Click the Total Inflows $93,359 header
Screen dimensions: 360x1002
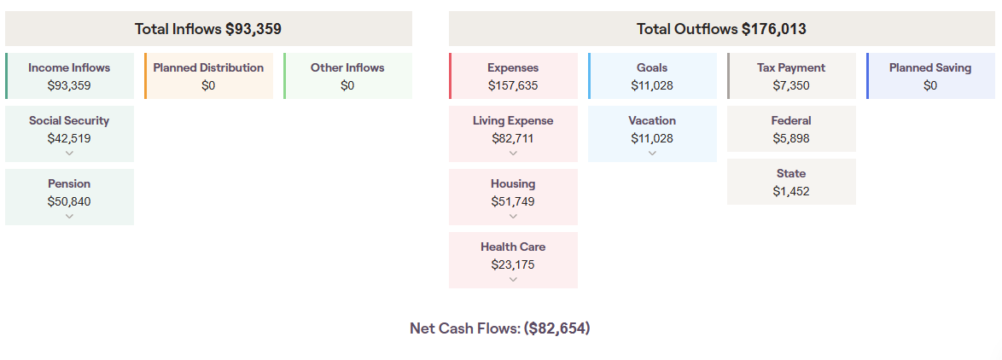tap(208, 29)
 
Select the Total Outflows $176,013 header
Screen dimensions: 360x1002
tap(721, 29)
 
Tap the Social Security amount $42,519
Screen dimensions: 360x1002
tap(69, 138)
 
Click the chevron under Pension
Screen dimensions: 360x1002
tap(69, 217)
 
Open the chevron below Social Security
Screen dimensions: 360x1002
tap(69, 154)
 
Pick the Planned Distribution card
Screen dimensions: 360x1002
tap(208, 76)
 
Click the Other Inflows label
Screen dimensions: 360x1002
tap(347, 67)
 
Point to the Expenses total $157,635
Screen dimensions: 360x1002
tap(513, 85)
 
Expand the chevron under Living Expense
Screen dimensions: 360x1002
tap(513, 154)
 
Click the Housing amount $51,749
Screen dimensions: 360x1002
tap(513, 201)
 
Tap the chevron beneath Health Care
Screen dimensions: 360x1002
tap(513, 280)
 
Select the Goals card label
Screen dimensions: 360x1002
tap(652, 67)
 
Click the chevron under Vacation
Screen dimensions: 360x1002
tap(652, 154)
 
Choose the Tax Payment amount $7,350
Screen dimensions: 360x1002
tap(791, 85)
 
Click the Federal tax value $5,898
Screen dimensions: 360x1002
tap(791, 138)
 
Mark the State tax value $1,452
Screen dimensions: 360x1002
tap(791, 191)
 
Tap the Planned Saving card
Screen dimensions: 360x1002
tap(930, 76)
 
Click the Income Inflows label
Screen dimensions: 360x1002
tap(69, 67)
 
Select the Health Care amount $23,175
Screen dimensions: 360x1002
tap(513, 264)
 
